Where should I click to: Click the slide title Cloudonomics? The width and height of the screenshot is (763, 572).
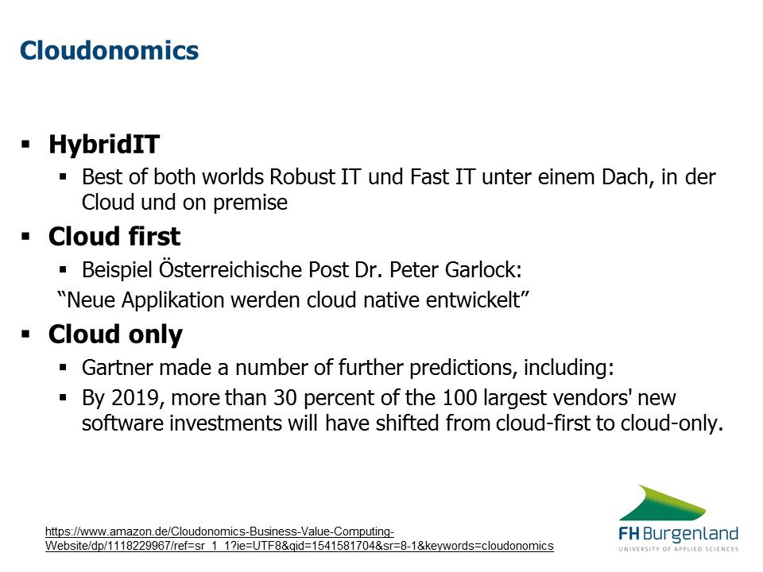pos(109,51)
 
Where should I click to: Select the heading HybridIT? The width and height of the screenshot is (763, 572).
pos(104,145)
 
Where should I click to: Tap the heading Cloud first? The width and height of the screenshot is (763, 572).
pos(114,237)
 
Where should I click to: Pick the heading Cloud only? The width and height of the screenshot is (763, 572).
pos(115,334)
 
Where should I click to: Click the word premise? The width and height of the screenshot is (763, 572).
pos(250,203)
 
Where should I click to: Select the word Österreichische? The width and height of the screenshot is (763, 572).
pos(230,269)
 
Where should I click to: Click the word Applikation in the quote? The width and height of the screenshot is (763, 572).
pos(172,300)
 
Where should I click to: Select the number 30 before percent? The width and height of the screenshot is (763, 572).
pos(285,398)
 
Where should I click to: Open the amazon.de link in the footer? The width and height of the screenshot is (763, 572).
pos(300,539)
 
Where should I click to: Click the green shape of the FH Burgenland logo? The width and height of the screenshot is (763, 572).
pos(663,504)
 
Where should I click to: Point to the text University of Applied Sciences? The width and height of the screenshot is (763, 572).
pos(678,549)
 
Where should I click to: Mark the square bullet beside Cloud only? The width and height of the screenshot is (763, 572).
pos(25,334)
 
